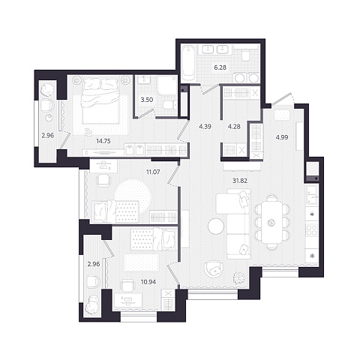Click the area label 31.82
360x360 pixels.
point(240,181)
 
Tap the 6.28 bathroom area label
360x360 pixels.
point(220,67)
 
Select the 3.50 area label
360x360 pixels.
point(147,100)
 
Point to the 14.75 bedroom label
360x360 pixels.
point(103,141)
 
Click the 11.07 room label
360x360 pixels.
point(153,172)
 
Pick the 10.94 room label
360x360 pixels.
point(148,282)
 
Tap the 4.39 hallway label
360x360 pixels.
point(205,127)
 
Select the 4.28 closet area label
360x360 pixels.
point(234,127)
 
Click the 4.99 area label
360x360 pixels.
point(282,137)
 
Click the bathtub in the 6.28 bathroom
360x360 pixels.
point(188,63)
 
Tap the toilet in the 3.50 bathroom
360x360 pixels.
point(169,105)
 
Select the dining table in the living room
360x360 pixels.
point(271,223)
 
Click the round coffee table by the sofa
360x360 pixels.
point(216,226)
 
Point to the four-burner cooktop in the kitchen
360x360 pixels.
point(311,229)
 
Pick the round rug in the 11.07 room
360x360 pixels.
point(133,196)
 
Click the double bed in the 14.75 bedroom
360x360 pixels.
point(101,101)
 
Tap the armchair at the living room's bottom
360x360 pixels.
point(213,270)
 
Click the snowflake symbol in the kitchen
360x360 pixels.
point(312,256)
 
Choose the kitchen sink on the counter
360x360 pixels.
point(311,195)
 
